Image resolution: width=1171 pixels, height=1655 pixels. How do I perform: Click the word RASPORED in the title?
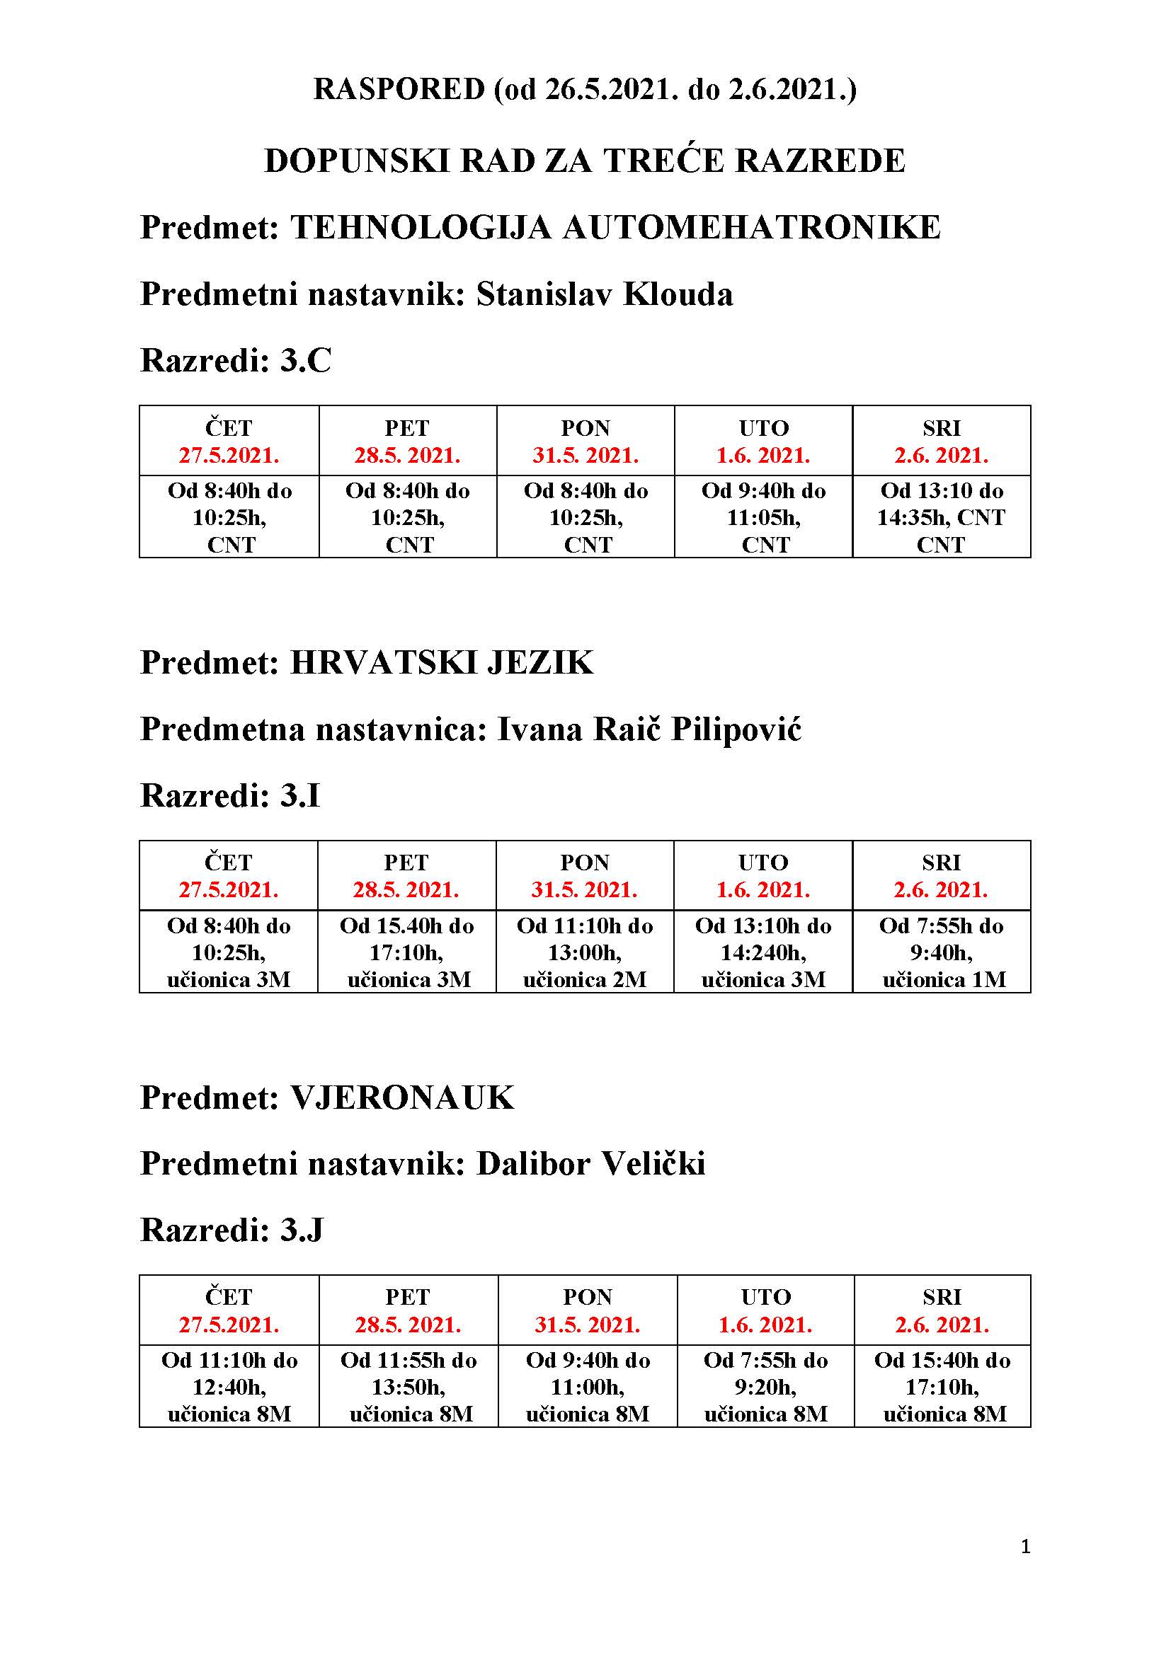399,89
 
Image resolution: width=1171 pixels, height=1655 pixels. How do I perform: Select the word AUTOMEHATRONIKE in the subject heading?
751,228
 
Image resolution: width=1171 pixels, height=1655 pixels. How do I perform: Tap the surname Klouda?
677,294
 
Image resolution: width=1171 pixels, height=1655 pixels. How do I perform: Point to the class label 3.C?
306,360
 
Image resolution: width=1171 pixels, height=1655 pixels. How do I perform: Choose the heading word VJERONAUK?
402,1098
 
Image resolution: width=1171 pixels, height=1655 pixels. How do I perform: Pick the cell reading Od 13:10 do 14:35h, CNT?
941,517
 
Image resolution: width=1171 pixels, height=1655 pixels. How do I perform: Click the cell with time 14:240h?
763,952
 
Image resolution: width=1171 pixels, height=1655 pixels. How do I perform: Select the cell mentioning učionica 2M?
585,952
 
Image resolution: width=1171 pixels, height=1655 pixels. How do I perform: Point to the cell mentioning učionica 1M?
941,952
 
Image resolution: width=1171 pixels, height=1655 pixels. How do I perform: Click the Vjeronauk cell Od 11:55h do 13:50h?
408,1387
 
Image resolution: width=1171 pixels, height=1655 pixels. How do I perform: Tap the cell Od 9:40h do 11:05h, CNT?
763,517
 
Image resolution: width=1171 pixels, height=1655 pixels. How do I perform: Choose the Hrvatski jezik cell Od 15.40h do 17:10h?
406,952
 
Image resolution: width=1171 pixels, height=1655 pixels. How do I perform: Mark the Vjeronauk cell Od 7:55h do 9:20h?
766,1387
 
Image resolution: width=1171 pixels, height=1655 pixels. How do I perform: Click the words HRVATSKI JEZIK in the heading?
441,662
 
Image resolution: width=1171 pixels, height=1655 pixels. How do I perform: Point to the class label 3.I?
300,796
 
